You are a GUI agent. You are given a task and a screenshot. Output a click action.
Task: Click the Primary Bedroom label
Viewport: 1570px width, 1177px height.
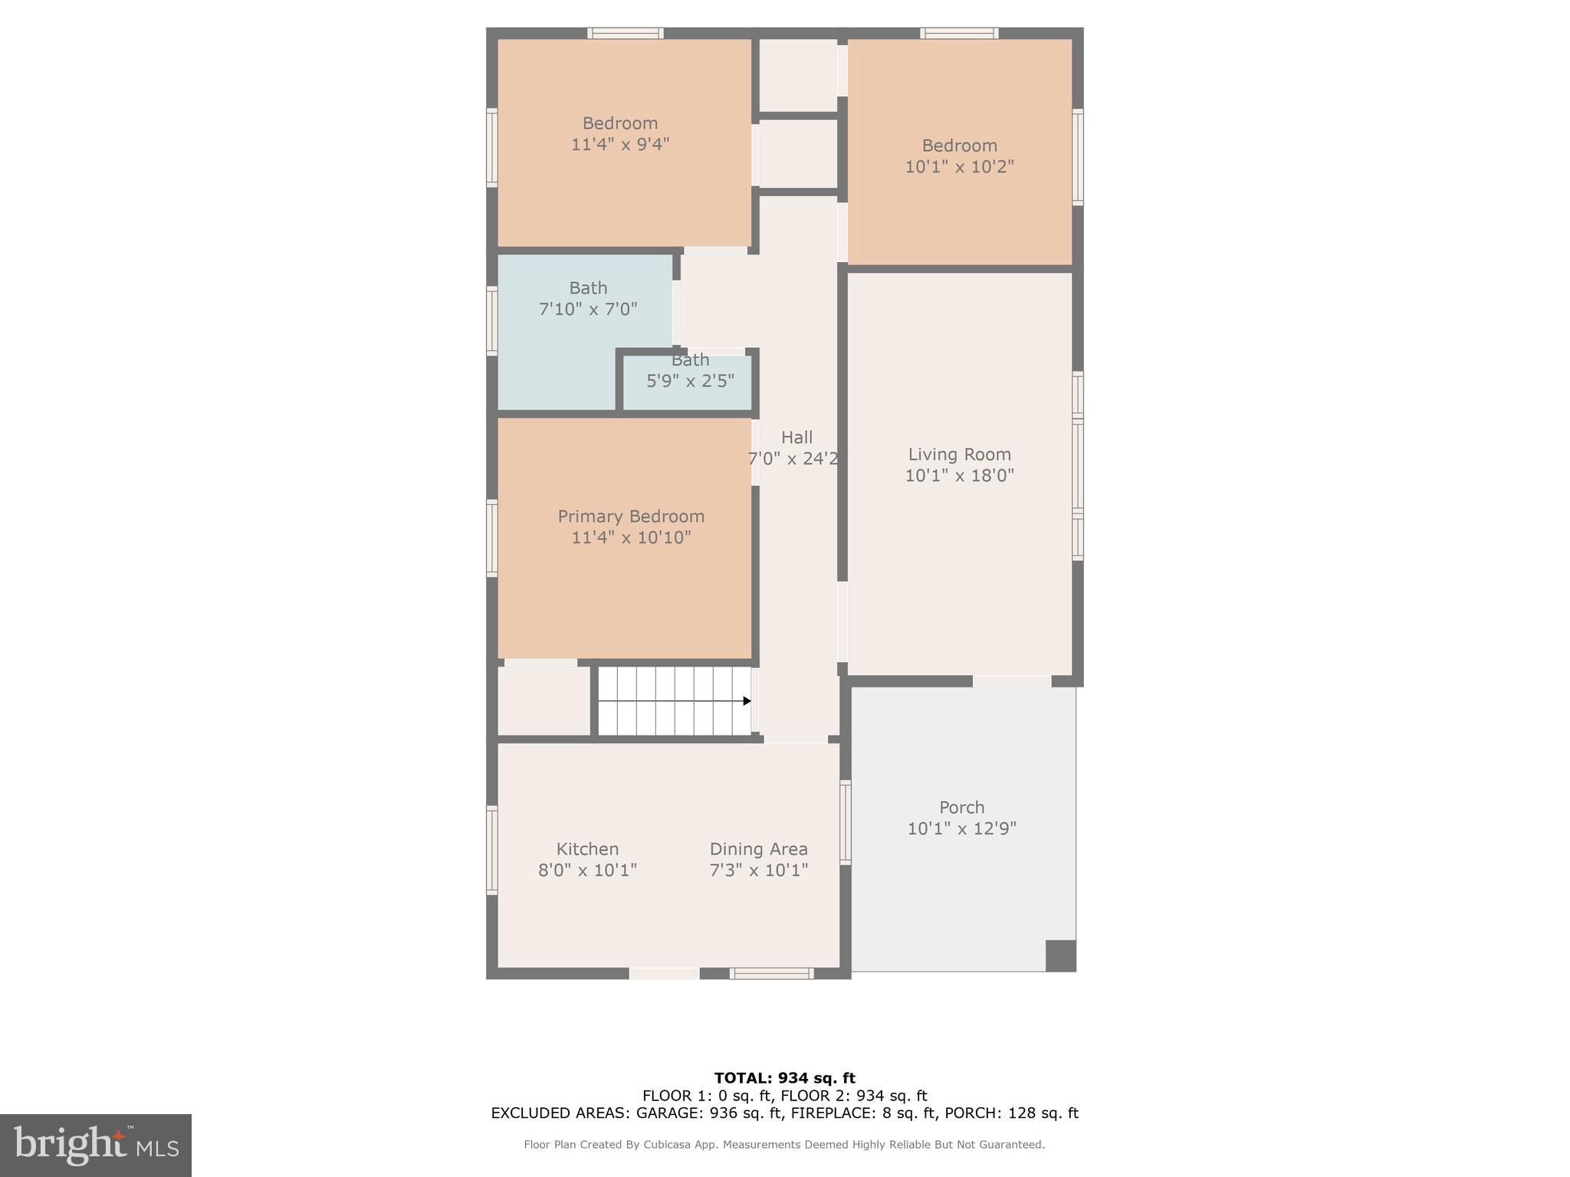point(630,516)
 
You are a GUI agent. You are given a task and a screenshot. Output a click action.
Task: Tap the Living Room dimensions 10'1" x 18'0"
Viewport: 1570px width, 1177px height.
point(959,476)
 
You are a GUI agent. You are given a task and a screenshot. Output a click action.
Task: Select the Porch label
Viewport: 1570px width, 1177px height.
point(961,808)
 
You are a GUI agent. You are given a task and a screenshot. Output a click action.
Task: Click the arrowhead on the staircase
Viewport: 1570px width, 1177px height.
point(747,701)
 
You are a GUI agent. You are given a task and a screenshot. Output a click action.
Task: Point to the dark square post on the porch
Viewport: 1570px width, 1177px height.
point(1060,956)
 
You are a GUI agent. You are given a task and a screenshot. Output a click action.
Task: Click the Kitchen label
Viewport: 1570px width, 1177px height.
point(587,849)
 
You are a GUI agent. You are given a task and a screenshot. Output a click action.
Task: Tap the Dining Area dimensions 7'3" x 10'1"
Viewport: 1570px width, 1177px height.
point(758,870)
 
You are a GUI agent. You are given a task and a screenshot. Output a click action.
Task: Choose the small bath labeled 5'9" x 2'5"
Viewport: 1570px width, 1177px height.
point(690,381)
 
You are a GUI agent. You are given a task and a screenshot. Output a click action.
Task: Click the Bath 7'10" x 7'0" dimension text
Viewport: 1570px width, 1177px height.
point(588,310)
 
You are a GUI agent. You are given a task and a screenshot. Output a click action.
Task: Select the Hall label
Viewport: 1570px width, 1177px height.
point(796,438)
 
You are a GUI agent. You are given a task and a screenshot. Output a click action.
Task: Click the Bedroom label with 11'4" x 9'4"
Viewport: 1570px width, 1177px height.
point(619,123)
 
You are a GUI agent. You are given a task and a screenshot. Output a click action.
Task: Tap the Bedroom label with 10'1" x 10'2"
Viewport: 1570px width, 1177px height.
point(959,146)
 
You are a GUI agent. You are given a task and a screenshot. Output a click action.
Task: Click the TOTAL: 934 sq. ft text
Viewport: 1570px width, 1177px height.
point(784,1078)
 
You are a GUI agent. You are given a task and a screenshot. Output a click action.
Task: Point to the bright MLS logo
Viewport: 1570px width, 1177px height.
point(96,1145)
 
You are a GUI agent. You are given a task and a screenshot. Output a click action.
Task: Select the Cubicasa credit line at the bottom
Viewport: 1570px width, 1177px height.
point(784,1145)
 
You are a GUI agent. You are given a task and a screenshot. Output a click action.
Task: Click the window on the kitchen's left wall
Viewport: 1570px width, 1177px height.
point(492,850)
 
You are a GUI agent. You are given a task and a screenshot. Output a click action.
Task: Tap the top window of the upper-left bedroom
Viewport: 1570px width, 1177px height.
point(626,33)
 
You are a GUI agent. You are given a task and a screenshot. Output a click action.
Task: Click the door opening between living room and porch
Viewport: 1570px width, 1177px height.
point(1011,681)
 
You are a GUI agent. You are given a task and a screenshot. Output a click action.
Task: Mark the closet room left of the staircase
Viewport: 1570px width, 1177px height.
point(544,700)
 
